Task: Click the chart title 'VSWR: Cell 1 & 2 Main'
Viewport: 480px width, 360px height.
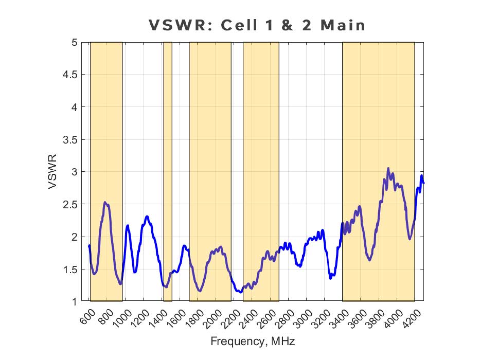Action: (x=257, y=25)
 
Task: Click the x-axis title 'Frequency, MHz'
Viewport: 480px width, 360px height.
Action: (x=253, y=341)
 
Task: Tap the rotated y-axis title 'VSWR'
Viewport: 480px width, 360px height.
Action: (x=53, y=172)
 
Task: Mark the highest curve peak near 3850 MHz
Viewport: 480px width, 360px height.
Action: (x=388, y=168)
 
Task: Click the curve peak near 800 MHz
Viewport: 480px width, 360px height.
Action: (x=105, y=203)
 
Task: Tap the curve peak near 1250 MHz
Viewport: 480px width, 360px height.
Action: (x=147, y=217)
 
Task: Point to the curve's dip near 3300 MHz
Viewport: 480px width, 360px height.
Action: (x=331, y=278)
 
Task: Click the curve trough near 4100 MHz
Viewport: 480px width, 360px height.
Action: (x=410, y=239)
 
